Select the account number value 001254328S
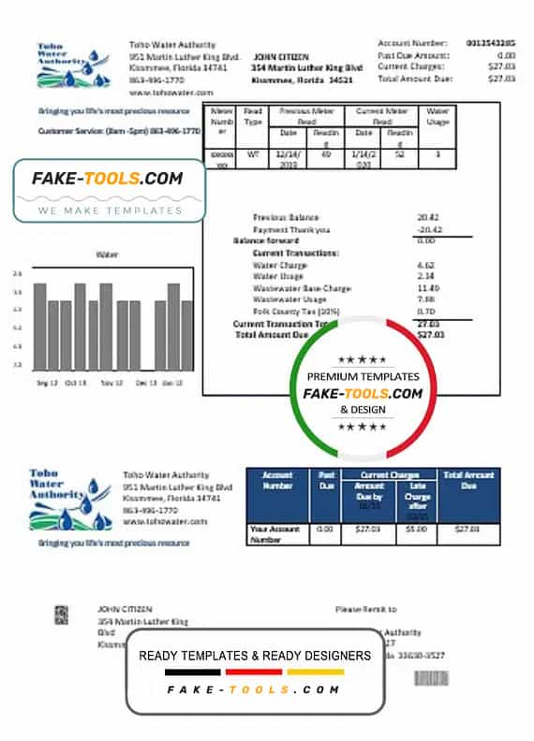(x=490, y=43)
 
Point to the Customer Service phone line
(x=120, y=131)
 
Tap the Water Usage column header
(x=438, y=117)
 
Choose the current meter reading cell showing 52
(x=399, y=154)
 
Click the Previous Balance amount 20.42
(x=430, y=217)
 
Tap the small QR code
(x=61, y=615)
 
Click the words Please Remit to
(x=365, y=609)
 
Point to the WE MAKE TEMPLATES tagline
(x=110, y=211)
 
